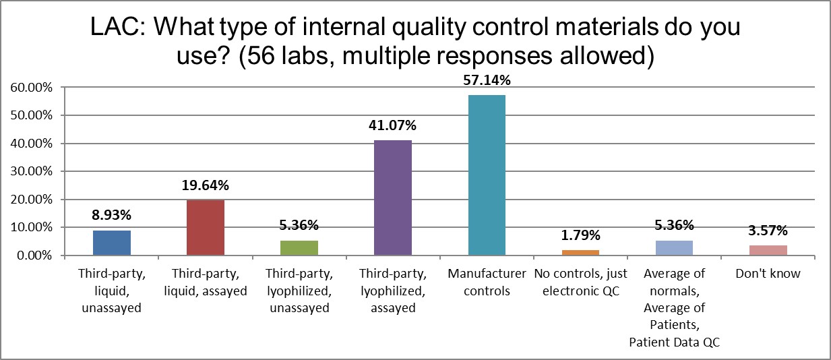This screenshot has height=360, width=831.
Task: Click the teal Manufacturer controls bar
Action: (x=487, y=175)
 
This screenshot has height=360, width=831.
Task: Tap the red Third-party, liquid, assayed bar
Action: (x=206, y=228)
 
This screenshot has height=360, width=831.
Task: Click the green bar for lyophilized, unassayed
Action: (x=299, y=247)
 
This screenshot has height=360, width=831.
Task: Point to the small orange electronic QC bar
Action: (x=580, y=253)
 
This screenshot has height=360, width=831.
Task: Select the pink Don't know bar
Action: (x=768, y=250)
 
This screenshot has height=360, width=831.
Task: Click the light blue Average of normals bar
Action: (x=674, y=248)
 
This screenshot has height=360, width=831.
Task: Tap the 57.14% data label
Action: (x=487, y=81)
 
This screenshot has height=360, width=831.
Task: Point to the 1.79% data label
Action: (x=580, y=236)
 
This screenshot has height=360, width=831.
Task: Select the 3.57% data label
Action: (x=768, y=231)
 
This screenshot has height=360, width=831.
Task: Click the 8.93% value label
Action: (x=112, y=216)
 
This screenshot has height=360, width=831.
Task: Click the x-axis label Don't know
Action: (x=768, y=274)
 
